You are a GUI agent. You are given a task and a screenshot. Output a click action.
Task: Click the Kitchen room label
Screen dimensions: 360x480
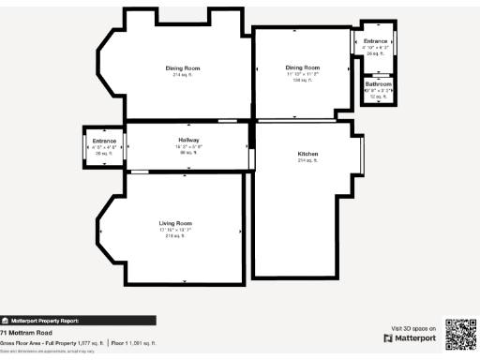coord(308,154)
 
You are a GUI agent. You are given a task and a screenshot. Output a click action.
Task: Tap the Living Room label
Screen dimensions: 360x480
coord(175,223)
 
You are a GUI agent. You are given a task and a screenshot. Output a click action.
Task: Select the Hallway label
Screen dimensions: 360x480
coord(188,141)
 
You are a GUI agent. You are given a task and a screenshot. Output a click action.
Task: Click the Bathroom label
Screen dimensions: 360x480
coord(378,84)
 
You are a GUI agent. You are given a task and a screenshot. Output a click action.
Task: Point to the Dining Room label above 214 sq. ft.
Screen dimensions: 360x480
coord(183,68)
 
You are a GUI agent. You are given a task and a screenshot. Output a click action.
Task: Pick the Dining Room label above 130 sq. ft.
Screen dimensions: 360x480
coord(303,67)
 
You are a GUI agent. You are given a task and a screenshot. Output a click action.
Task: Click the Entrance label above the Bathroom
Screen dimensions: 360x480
coord(375,41)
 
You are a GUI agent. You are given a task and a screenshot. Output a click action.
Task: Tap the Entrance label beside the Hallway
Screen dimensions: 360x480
coord(104,142)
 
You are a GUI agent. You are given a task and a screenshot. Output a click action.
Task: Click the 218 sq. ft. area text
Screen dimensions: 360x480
coord(175,236)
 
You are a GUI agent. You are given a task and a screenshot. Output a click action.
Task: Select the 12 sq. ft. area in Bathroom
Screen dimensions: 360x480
coord(377,97)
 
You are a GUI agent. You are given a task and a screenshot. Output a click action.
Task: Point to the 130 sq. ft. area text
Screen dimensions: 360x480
coord(303,81)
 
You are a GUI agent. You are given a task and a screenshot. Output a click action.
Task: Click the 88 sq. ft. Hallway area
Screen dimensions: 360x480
coord(188,153)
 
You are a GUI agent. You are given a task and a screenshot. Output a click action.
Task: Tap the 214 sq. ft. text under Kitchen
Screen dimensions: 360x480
coord(308,161)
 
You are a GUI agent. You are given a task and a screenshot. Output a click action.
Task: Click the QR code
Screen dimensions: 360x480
coord(460,335)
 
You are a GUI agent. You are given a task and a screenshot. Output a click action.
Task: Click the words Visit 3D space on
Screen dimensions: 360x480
coord(412,328)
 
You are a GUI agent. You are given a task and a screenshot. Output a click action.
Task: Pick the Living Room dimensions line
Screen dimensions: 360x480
coord(175,230)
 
